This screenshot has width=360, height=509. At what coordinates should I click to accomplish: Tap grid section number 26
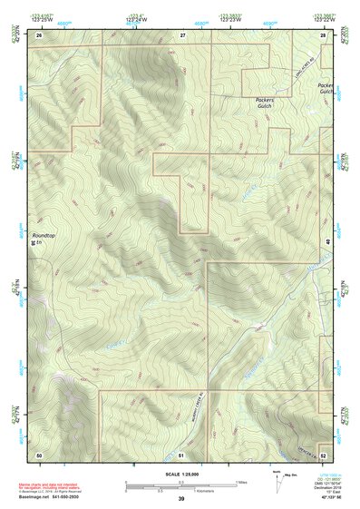pyautogui.click(x=39, y=34)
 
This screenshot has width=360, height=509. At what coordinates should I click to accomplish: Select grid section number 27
pyautogui.click(x=182, y=34)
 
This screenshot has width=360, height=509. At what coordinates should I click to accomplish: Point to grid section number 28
pyautogui.click(x=322, y=34)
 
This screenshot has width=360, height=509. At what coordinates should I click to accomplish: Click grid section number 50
pyautogui.click(x=39, y=453)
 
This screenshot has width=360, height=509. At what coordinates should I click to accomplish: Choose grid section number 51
pyautogui.click(x=181, y=453)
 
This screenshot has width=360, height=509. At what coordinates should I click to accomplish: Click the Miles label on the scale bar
pyautogui.click(x=240, y=482)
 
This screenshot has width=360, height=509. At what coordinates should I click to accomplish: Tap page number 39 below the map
pyautogui.click(x=180, y=499)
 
